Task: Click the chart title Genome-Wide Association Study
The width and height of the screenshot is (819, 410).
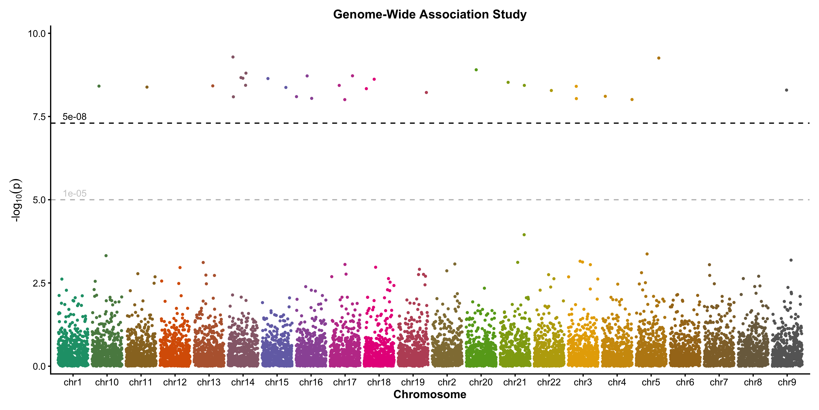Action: coord(430,15)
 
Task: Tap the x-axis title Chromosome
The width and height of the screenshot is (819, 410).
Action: coord(430,395)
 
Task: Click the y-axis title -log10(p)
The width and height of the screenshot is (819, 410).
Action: coord(16,200)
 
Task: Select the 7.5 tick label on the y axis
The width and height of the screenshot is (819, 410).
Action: coord(39,117)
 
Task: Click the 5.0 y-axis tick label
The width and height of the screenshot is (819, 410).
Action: coord(39,200)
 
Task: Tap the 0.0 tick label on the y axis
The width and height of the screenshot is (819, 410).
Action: coord(39,366)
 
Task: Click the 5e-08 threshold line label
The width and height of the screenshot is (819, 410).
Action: coord(74,117)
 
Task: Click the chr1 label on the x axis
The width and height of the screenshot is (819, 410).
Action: coord(73,382)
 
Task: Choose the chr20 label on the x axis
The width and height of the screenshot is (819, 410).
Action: coord(481,382)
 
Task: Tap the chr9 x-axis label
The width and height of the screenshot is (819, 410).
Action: coord(787,382)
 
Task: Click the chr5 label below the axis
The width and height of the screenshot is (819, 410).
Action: coord(651,382)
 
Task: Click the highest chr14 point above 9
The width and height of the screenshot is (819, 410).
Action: coord(233,57)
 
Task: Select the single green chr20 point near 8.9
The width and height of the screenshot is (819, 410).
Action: coord(476,70)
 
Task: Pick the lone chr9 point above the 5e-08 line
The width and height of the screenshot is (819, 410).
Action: coord(786,90)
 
